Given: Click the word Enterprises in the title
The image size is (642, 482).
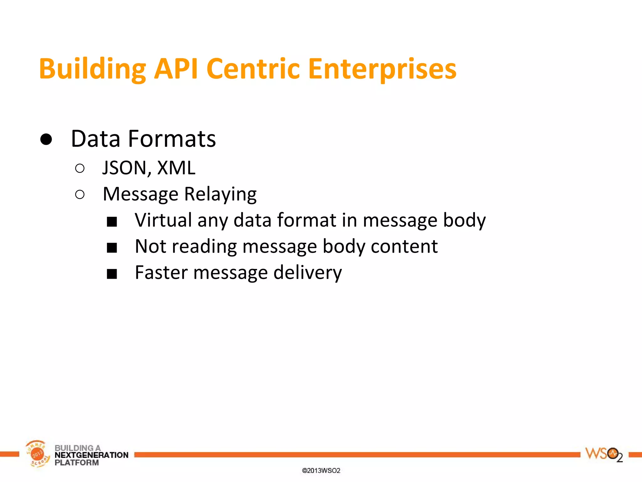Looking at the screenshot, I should pyautogui.click(x=382, y=69).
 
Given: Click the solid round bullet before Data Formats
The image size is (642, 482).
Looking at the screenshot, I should pyautogui.click(x=46, y=139).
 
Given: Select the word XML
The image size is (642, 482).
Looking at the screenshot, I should pyautogui.click(x=176, y=168).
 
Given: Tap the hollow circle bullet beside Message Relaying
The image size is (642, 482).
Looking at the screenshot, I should pyautogui.click(x=80, y=195).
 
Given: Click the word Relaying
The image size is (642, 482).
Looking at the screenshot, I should pyautogui.click(x=220, y=195).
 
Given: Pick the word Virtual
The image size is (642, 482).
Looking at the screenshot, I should pyautogui.click(x=163, y=220).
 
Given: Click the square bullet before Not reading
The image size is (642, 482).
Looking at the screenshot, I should pyautogui.click(x=112, y=248).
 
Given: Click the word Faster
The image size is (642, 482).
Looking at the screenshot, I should pyautogui.click(x=161, y=272).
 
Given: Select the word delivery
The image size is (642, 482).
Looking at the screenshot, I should pyautogui.click(x=308, y=273).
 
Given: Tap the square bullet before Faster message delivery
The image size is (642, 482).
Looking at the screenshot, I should pyautogui.click(x=112, y=274).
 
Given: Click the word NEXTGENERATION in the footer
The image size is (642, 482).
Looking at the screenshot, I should pyautogui.click(x=92, y=455).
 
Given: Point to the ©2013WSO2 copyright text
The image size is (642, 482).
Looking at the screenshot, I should pyautogui.click(x=321, y=471).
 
